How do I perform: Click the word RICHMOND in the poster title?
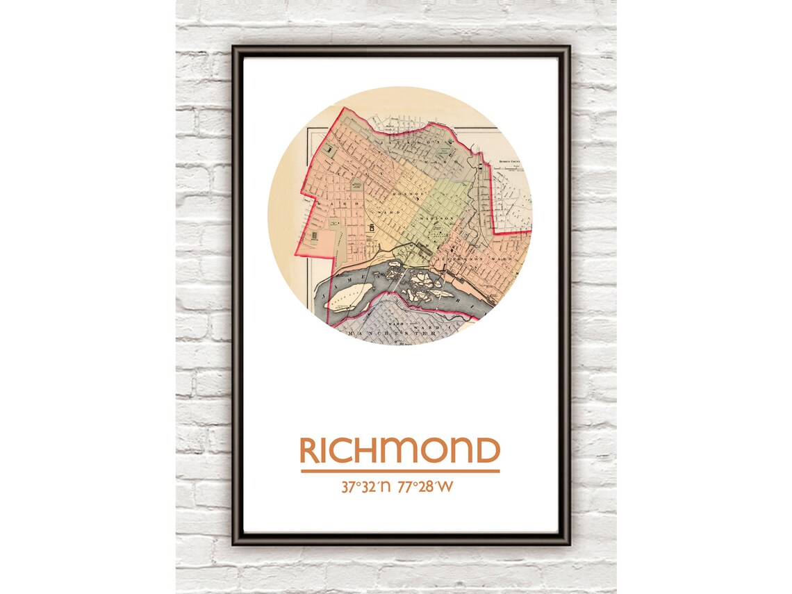coord(399,451)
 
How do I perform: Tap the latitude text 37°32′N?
coord(366,487)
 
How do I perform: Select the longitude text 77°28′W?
coord(426,487)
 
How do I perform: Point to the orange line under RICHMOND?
coord(399,471)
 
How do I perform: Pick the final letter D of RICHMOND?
coord(489,451)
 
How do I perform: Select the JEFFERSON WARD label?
coord(481,260)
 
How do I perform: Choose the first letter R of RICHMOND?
coord(308,451)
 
